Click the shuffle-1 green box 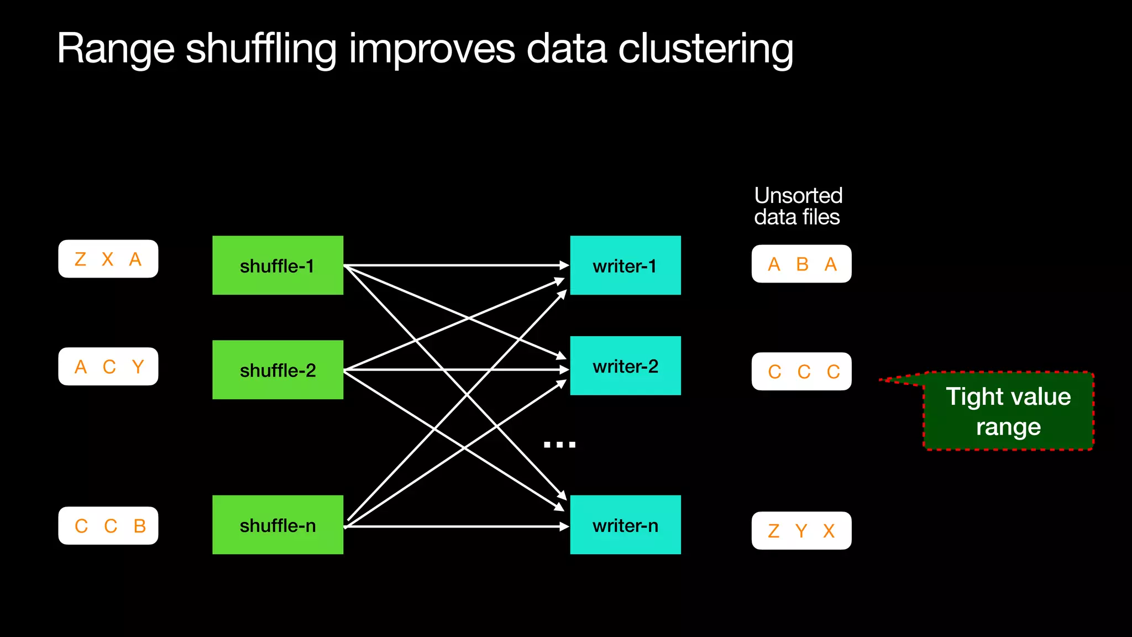click(x=277, y=265)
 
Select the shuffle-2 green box click(x=277, y=369)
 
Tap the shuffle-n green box click(x=277, y=525)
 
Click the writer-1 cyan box click(x=625, y=265)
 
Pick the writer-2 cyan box click(x=625, y=366)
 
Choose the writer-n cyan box click(x=625, y=525)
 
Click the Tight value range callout click(x=1008, y=411)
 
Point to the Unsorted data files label click(x=798, y=206)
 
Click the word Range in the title click(x=115, y=50)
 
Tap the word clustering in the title click(x=705, y=50)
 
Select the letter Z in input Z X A click(x=80, y=259)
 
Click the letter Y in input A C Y click(x=138, y=367)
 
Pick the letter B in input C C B click(x=140, y=526)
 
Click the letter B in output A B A click(x=802, y=264)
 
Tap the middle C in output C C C click(x=804, y=372)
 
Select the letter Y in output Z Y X click(x=801, y=531)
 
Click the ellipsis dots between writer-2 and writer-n click(x=559, y=444)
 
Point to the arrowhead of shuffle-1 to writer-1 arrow click(x=564, y=265)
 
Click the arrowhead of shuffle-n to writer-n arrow click(x=564, y=526)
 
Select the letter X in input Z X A click(x=107, y=259)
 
